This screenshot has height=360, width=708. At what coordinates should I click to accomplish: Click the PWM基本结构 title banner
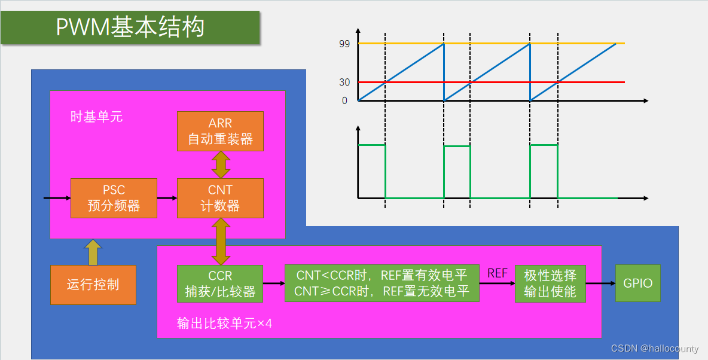coord(130,28)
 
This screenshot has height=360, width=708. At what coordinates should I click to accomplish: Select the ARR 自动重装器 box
coord(220,132)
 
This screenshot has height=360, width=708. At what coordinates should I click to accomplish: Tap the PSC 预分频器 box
coord(114,198)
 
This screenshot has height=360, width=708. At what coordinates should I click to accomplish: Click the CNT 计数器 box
coord(220,198)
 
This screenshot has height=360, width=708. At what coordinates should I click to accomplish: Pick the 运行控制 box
coord(93,285)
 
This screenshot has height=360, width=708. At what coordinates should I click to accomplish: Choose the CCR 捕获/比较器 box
coord(220,284)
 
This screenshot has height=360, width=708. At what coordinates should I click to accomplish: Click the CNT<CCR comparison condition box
coord(382,283)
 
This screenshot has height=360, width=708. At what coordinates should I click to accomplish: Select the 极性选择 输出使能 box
coord(550,283)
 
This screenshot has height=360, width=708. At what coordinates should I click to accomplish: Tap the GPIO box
coord(638,283)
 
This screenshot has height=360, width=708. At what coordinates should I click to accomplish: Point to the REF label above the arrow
coord(498,273)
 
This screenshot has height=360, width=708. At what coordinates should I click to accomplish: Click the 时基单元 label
coord(96,117)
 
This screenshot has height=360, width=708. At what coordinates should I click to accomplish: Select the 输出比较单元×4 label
coord(225,324)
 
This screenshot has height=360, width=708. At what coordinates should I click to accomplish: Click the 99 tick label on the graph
coord(343,44)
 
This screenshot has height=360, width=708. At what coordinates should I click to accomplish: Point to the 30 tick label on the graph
coord(344,82)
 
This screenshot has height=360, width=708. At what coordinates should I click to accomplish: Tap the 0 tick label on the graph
coord(345,100)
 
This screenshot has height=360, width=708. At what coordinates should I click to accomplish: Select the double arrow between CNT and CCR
coord(221,242)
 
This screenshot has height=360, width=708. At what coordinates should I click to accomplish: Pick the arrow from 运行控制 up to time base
coord(93,252)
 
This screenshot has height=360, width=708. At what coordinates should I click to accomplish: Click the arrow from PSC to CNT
coord(167,198)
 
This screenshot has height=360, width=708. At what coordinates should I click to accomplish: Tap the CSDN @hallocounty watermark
coord(655,349)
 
